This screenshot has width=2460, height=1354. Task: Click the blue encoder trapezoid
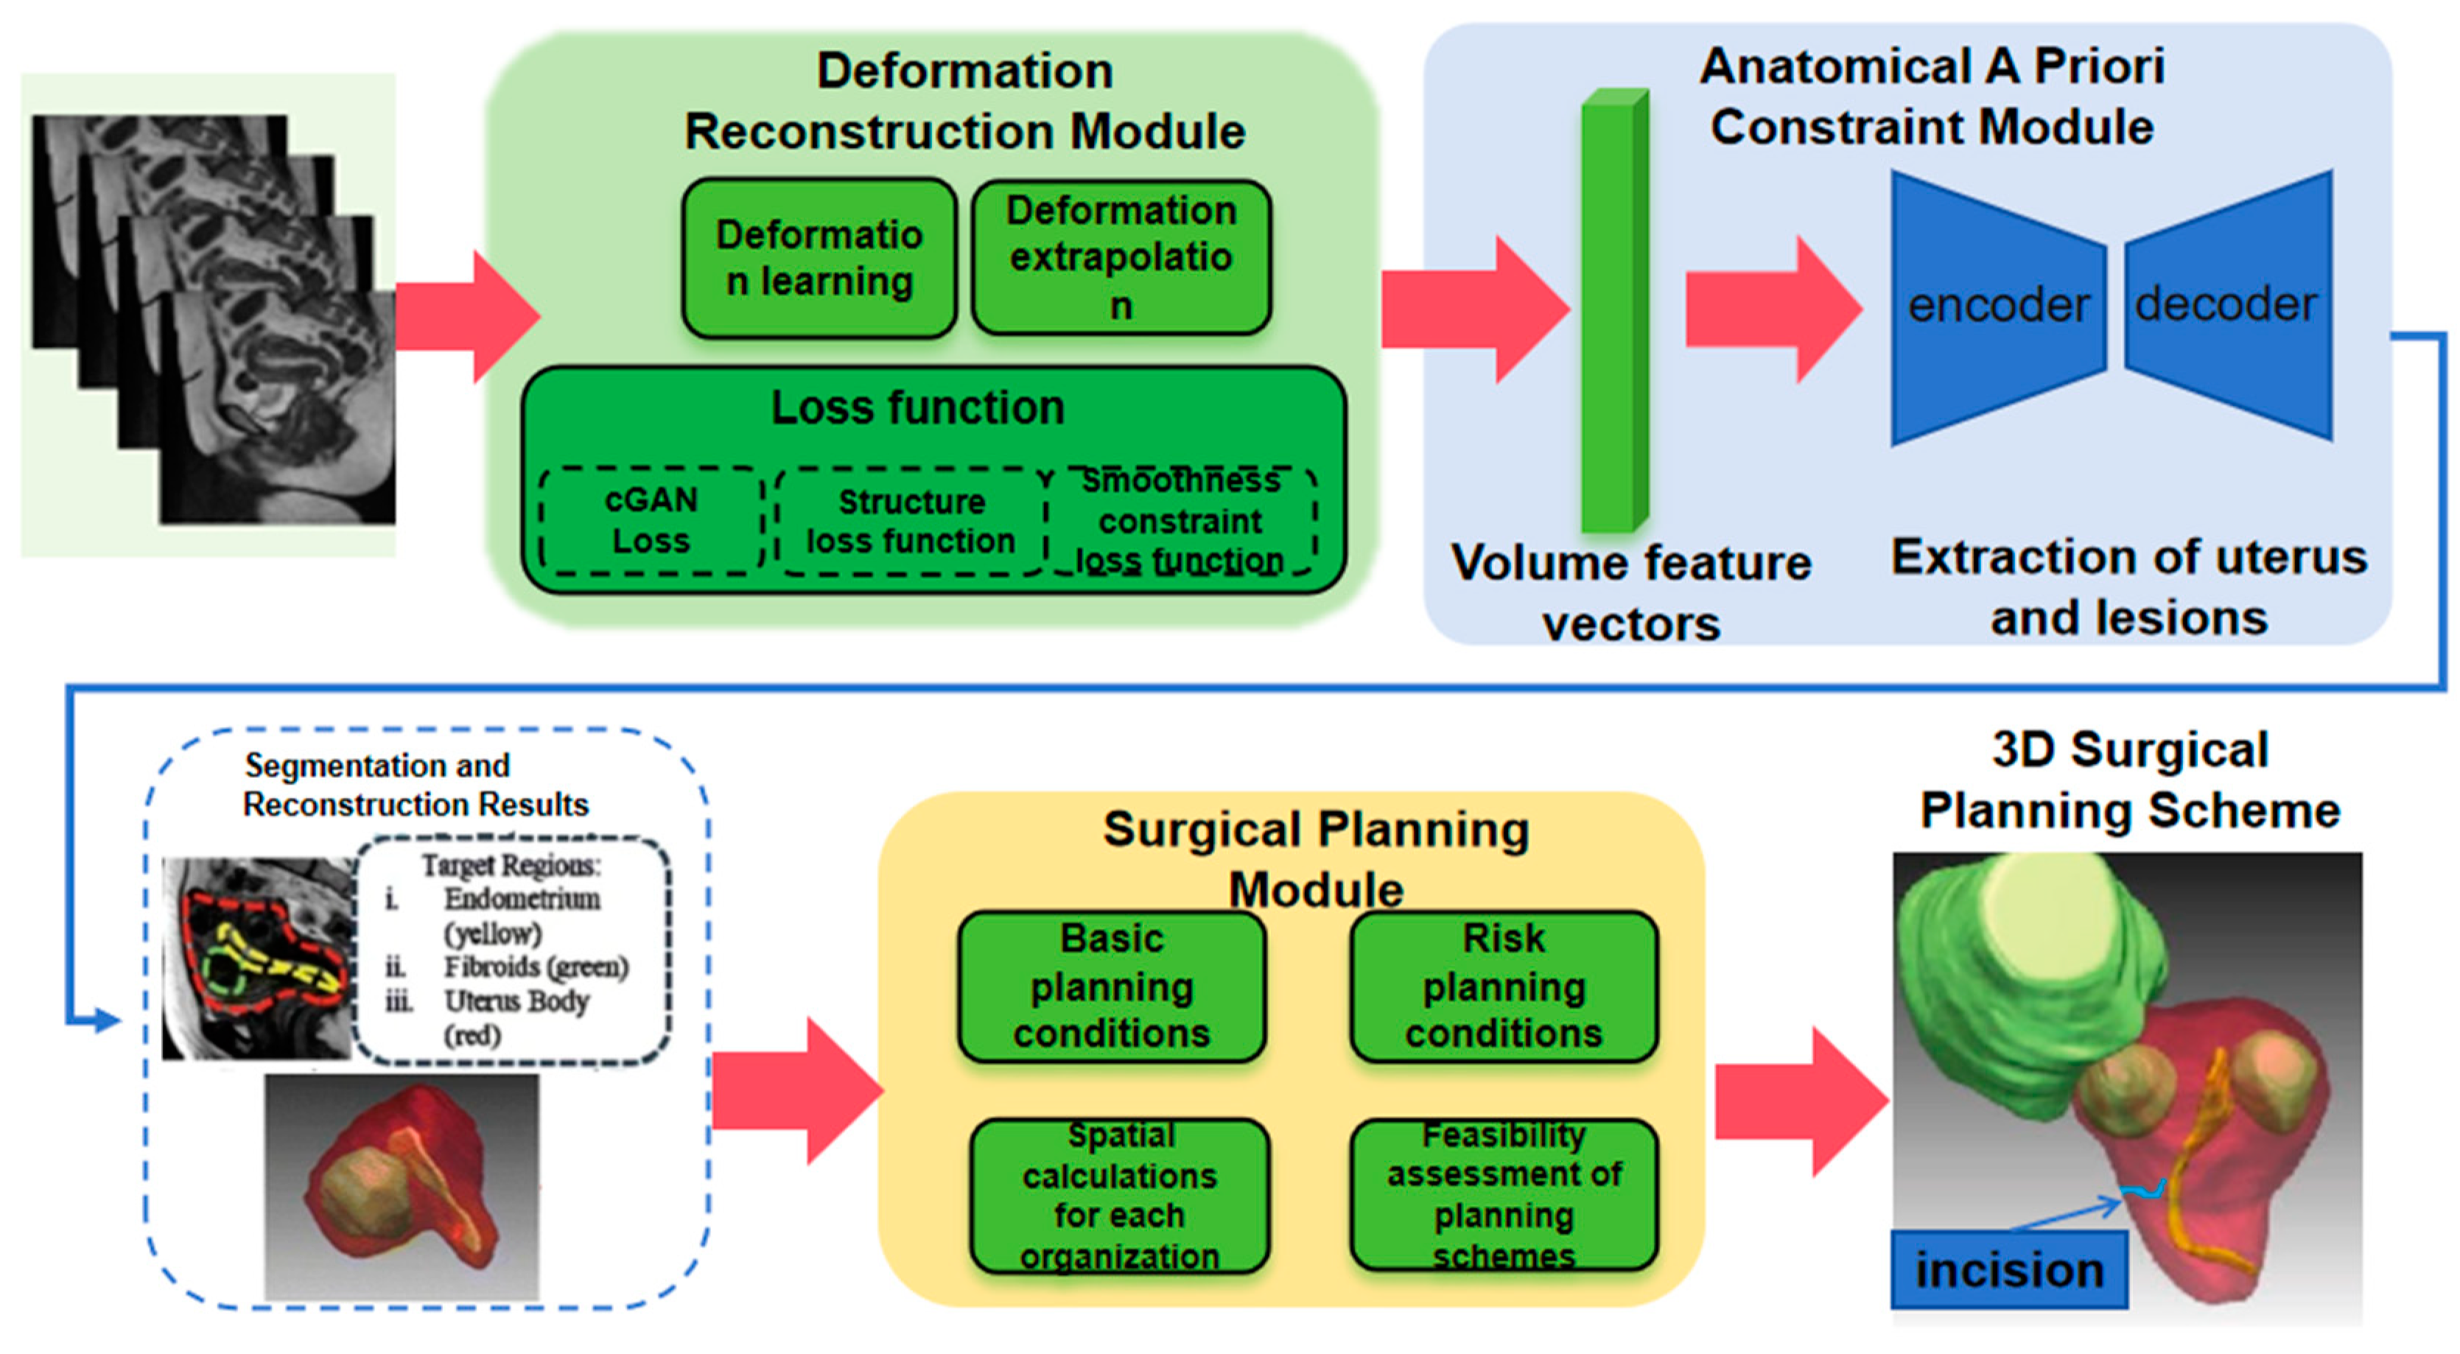(x=1998, y=307)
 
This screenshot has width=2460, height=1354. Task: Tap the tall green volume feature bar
(x=1615, y=310)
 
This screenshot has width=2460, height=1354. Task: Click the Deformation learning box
(x=819, y=259)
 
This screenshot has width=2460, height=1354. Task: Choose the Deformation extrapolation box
(x=1121, y=258)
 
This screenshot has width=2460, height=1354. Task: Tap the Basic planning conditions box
(x=1112, y=986)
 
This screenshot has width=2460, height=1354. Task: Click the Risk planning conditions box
(x=1504, y=986)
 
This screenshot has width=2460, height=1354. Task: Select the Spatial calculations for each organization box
(x=1119, y=1196)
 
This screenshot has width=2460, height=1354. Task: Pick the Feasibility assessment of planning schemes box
(x=1504, y=1195)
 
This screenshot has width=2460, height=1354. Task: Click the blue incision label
(x=2009, y=1270)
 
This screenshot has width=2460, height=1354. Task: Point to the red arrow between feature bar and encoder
(x=1774, y=309)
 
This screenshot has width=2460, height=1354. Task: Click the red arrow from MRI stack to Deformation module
(x=468, y=316)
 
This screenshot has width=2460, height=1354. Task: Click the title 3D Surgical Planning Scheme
(x=2130, y=779)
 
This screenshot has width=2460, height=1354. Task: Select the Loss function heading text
(x=918, y=407)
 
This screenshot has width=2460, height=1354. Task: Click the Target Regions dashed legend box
(x=512, y=951)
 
